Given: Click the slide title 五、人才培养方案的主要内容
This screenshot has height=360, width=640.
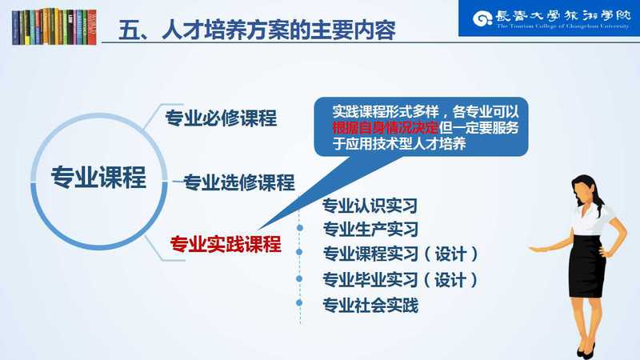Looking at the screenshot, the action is click(257, 30).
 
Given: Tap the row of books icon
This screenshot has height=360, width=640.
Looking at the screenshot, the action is click(54, 26).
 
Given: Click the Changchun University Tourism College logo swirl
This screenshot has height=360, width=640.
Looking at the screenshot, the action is click(482, 18).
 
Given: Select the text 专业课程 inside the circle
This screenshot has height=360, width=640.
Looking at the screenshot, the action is click(98, 178).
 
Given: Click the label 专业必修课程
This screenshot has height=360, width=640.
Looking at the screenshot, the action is click(221, 118).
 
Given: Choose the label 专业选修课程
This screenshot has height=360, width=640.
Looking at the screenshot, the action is click(238, 182).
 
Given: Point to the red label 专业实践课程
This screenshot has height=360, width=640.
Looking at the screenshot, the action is click(226, 244).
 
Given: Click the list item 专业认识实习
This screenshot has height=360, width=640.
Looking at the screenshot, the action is click(370, 206).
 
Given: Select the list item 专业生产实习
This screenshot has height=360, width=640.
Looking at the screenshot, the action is click(370, 230).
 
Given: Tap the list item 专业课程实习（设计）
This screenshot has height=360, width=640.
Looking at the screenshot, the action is click(401, 254).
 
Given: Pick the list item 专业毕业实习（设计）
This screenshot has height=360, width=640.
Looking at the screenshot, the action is click(400, 280).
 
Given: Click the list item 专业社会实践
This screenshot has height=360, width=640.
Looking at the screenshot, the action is click(370, 306).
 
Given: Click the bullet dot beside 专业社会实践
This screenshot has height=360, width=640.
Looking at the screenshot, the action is click(299, 303).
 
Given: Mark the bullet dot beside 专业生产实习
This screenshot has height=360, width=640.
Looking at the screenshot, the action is click(300, 228).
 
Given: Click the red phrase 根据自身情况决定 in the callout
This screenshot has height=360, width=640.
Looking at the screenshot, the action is click(386, 128).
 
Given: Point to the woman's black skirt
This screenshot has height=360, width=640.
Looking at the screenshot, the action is click(587, 266).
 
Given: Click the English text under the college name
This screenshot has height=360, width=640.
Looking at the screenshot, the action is click(563, 26).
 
